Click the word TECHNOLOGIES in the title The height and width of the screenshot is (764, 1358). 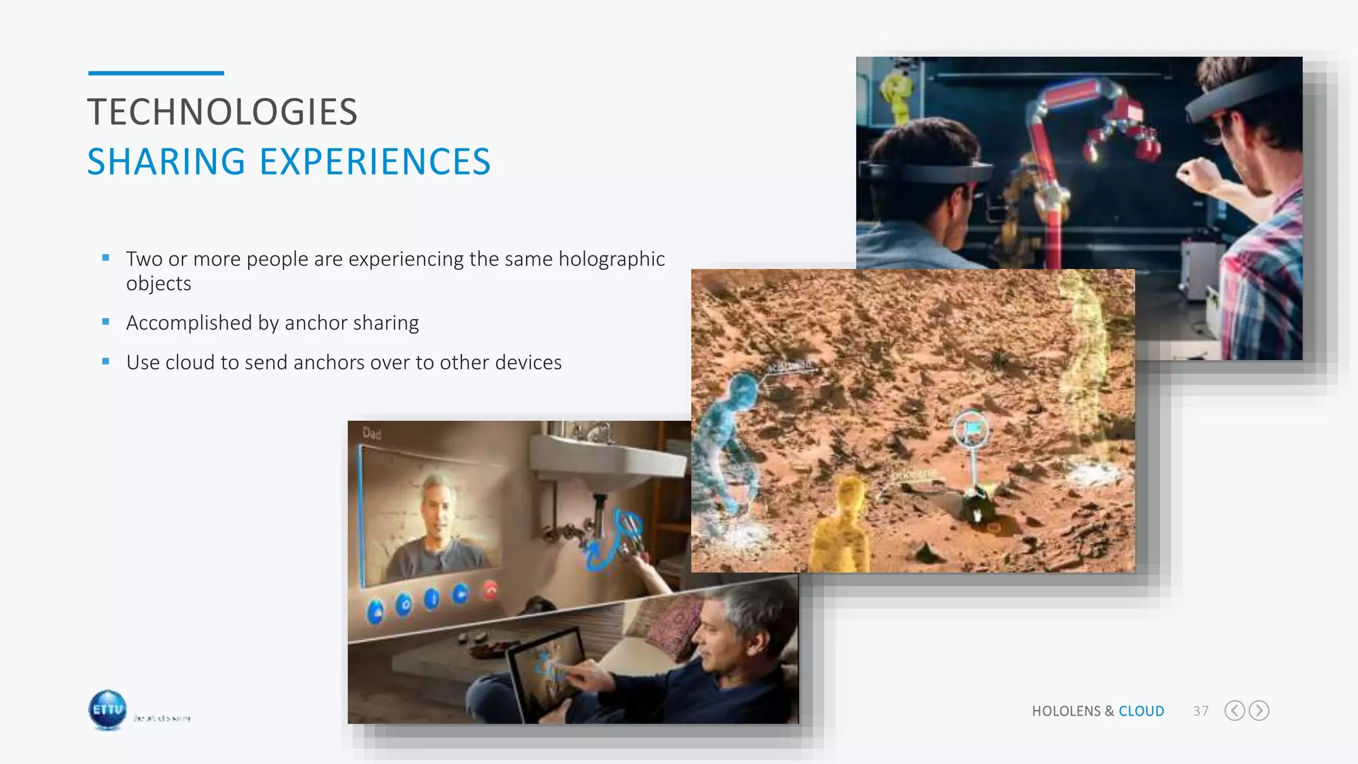click(222, 112)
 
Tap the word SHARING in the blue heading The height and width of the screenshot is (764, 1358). click(166, 162)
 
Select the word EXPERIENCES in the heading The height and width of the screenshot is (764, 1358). click(375, 162)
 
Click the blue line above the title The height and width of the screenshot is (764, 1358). click(156, 73)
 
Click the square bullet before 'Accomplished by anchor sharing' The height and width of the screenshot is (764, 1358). click(106, 322)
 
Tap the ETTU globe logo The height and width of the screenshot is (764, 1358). click(107, 710)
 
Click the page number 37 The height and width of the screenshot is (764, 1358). click(1200, 711)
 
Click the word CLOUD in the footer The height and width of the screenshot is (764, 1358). click(1141, 711)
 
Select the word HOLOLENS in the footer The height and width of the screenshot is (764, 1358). click(1066, 711)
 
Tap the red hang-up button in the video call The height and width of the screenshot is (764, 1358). click(490, 589)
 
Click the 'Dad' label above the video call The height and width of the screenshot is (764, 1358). click(372, 434)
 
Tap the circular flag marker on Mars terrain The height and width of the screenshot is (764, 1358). click(971, 430)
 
